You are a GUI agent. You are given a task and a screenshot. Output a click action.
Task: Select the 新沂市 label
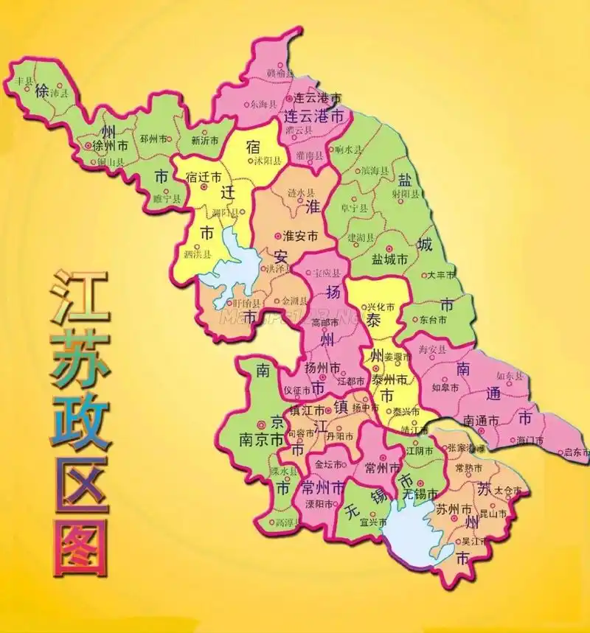pyautogui.click(x=204, y=140)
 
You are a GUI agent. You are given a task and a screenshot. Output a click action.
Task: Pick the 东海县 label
pyautogui.click(x=263, y=104)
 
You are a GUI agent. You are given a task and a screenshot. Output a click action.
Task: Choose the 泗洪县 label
pyautogui.click(x=197, y=254)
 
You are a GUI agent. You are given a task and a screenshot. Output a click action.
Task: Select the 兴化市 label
pyautogui.click(x=381, y=306)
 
